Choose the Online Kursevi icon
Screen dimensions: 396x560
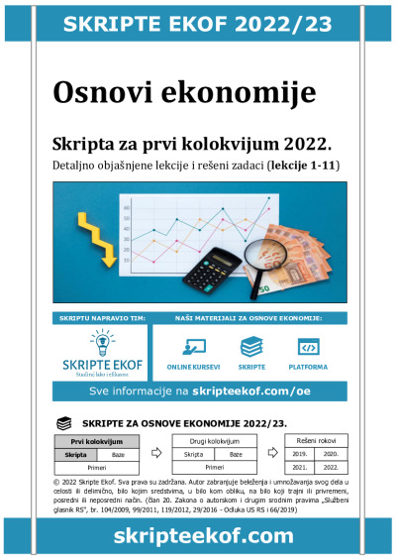(194, 348)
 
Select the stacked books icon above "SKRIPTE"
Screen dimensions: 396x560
(252, 348)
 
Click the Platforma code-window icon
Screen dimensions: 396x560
(308, 348)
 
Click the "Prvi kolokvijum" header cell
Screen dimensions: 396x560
(96, 440)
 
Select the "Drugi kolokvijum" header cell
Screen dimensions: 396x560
(211, 440)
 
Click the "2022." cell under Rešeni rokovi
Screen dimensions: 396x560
(331, 466)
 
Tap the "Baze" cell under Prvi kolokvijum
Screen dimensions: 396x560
(118, 453)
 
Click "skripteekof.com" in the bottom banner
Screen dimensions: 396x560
(198, 536)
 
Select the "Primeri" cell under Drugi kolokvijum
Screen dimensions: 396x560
(211, 466)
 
